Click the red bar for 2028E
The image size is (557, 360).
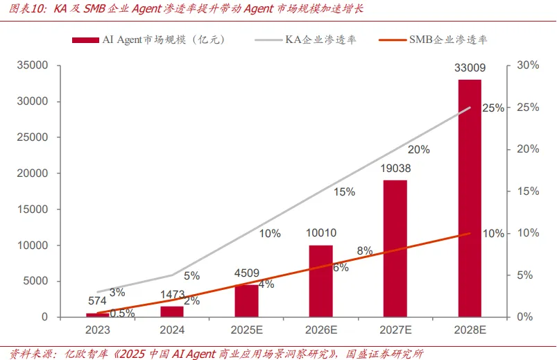tap(470, 198)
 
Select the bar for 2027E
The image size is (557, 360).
tap(395, 248)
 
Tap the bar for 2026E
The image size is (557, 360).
tap(320, 281)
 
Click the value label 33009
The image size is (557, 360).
tap(470, 68)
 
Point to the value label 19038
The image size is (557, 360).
tap(395, 169)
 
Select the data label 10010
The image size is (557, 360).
tap(320, 233)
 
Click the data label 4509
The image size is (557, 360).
tap(246, 273)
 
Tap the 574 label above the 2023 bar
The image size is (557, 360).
tap(97, 301)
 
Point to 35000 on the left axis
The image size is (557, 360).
tap(33, 66)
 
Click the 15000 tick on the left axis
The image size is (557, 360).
tap(33, 209)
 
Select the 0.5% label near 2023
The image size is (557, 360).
tap(122, 314)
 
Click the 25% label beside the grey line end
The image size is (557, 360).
tap(492, 108)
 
